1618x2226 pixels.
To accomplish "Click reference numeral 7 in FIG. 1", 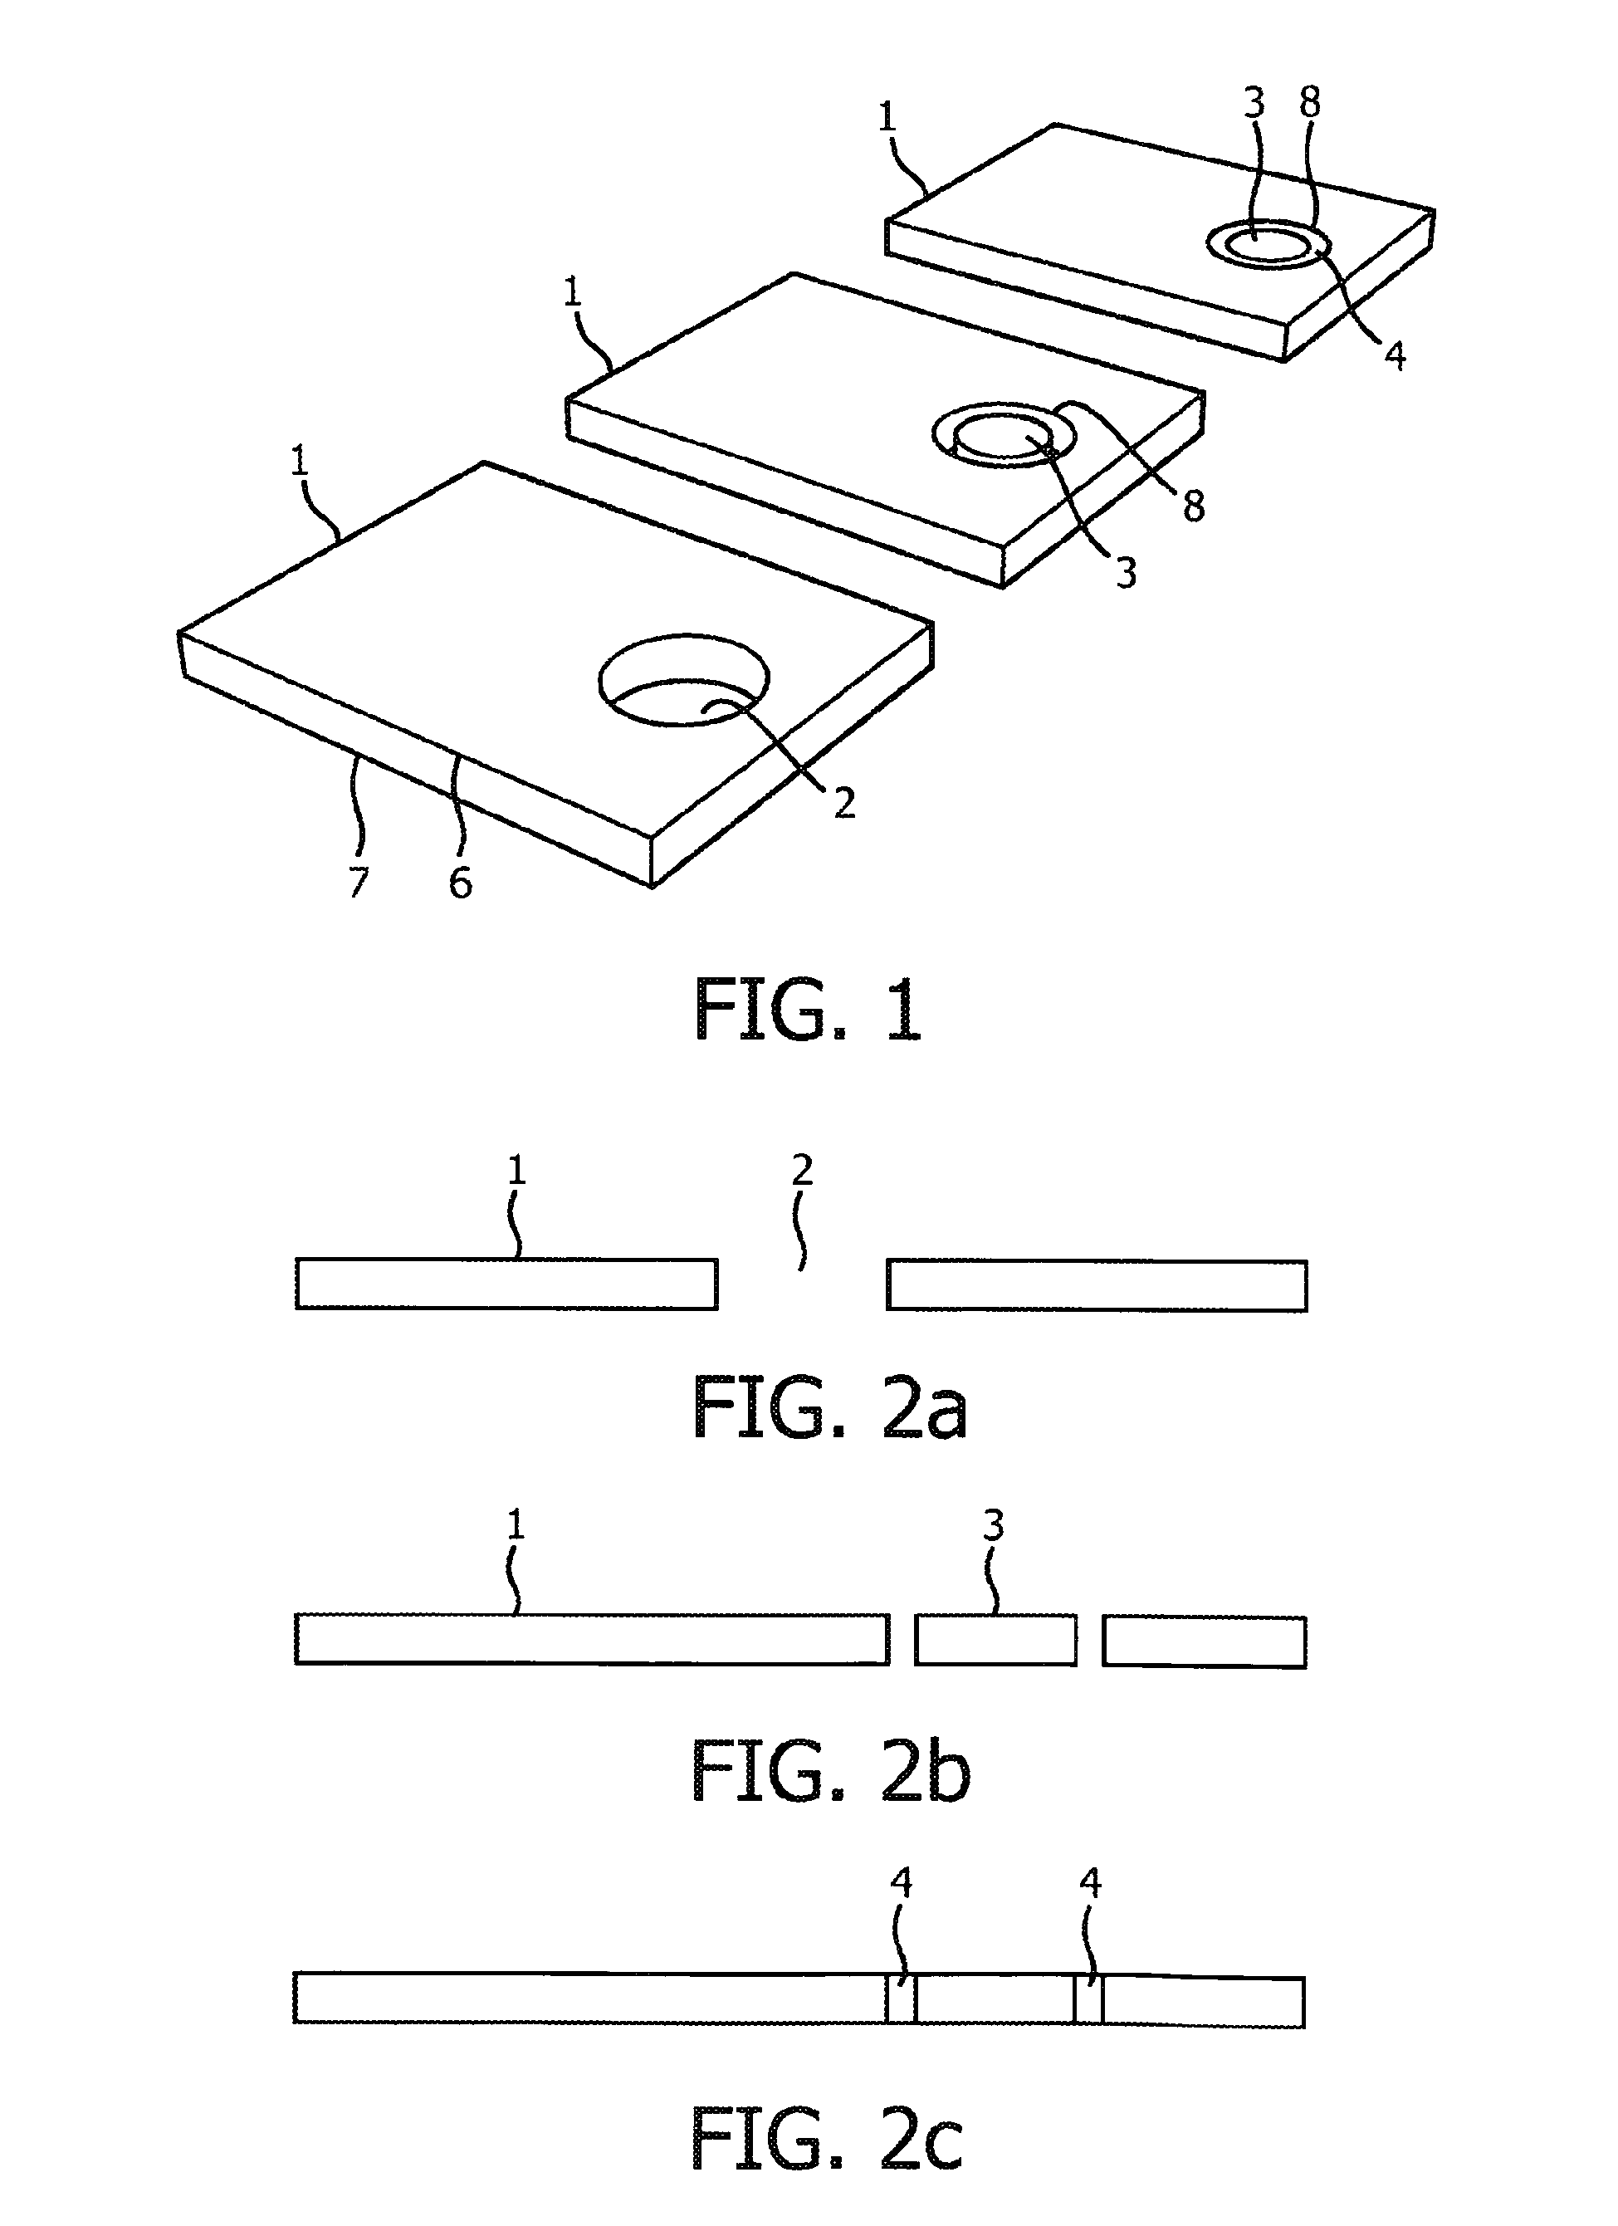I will click(x=358, y=882).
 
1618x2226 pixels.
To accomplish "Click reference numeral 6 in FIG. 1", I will click(x=460, y=883).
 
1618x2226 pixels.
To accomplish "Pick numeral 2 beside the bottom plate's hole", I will click(x=843, y=803).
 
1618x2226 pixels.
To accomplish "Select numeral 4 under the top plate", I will click(x=1395, y=355).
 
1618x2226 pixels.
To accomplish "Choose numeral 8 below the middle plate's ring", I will click(x=1193, y=506).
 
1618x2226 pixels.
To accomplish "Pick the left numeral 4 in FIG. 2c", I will click(x=901, y=1881).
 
